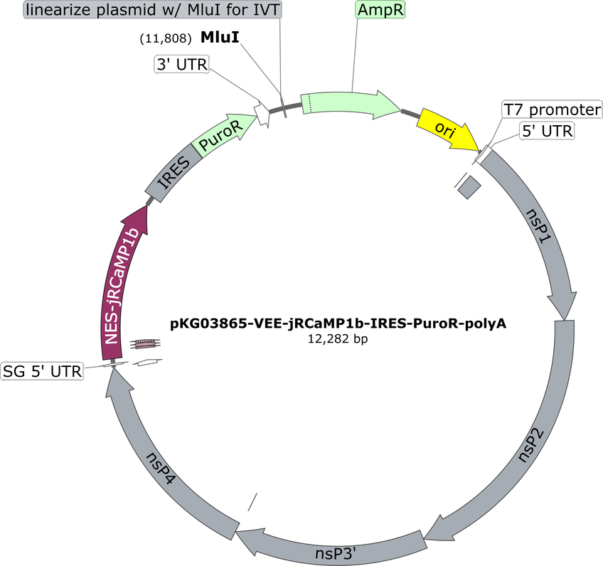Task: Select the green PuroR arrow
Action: (223, 134)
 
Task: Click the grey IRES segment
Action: (174, 173)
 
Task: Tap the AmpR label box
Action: (380, 10)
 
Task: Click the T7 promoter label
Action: (552, 110)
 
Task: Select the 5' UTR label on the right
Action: (547, 131)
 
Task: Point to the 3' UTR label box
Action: (182, 64)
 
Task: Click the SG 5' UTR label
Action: (42, 371)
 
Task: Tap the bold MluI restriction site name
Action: (220, 37)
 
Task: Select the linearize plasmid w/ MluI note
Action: (153, 10)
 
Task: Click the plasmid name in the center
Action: (338, 324)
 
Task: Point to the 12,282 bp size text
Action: (338, 338)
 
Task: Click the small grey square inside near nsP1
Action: (469, 187)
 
